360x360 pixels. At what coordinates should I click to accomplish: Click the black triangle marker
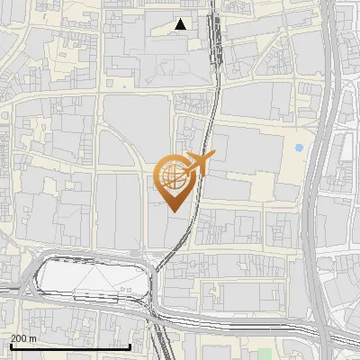(182, 25)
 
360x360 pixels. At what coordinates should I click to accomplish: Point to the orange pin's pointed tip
(174, 211)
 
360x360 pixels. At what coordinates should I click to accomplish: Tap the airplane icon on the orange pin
(196, 163)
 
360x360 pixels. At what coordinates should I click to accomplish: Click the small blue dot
(299, 148)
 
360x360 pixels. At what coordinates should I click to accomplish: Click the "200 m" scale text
(23, 338)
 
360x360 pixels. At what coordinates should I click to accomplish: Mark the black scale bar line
(70, 346)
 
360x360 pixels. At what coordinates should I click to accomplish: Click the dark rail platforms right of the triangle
(214, 36)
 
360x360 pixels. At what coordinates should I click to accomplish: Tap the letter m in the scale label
(33, 339)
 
